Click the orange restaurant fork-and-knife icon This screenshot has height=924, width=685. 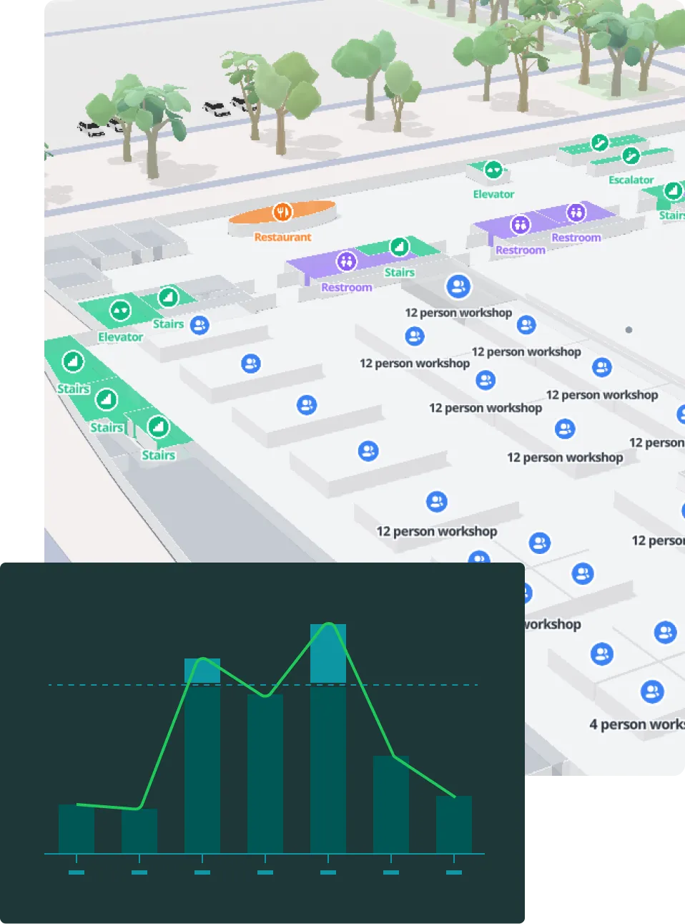tap(283, 212)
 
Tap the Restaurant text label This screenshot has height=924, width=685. tap(283, 237)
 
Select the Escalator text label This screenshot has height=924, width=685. tap(631, 180)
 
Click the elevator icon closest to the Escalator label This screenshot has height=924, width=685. tap(493, 170)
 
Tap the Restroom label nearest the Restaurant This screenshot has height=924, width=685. tap(347, 287)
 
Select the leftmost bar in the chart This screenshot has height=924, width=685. tap(77, 829)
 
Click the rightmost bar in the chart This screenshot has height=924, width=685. tap(454, 825)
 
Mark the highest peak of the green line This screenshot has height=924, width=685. tap(329, 623)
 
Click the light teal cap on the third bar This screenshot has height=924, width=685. tap(202, 671)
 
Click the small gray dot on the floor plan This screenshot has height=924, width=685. tap(629, 330)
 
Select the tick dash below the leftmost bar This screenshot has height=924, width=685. tap(77, 872)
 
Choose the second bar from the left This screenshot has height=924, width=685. tap(139, 831)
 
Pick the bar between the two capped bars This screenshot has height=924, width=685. tap(265, 773)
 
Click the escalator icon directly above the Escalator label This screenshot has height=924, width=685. tap(630, 155)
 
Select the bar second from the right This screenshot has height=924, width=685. tap(391, 804)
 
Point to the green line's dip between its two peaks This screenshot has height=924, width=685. tap(265, 695)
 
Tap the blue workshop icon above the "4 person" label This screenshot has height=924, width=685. tap(652, 691)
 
